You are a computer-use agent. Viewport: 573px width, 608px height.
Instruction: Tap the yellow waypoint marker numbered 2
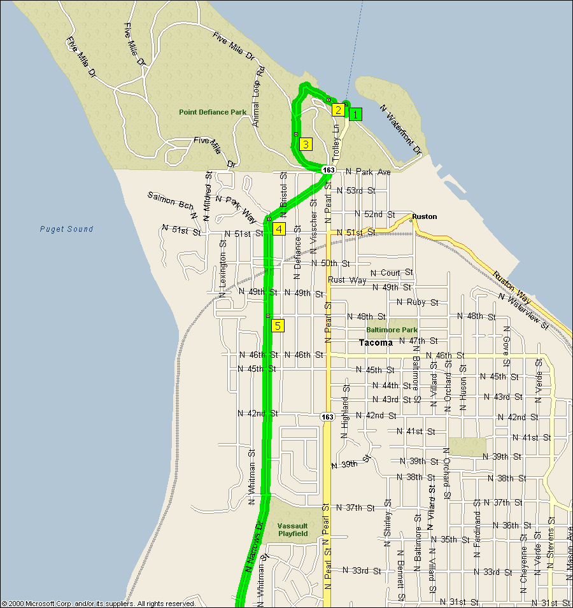[338, 110]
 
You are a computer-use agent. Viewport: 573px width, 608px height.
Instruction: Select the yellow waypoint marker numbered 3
[306, 144]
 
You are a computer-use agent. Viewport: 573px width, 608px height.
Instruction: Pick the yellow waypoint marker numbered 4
[279, 229]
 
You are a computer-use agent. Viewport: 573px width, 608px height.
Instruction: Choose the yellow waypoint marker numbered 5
[278, 326]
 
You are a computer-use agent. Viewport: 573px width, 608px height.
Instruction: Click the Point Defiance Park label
[212, 112]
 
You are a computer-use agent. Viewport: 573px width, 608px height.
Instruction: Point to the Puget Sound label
[66, 229]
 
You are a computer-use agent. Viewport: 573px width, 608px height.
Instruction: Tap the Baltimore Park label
[392, 330]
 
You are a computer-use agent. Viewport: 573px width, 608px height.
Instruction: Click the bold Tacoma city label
[376, 343]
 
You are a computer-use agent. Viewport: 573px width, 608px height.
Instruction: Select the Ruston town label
[424, 216]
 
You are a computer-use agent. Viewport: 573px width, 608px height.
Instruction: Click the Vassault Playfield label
[293, 530]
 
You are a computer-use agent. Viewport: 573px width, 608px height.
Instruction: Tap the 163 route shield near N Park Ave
[329, 171]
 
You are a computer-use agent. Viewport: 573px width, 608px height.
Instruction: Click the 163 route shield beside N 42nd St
[327, 416]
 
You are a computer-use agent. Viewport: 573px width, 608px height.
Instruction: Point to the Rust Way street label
[347, 280]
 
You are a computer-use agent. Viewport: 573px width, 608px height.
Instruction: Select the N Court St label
[392, 272]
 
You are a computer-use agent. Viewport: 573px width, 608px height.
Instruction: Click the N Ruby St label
[418, 302]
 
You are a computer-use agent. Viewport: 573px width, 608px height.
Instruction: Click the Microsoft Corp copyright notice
[99, 603]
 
